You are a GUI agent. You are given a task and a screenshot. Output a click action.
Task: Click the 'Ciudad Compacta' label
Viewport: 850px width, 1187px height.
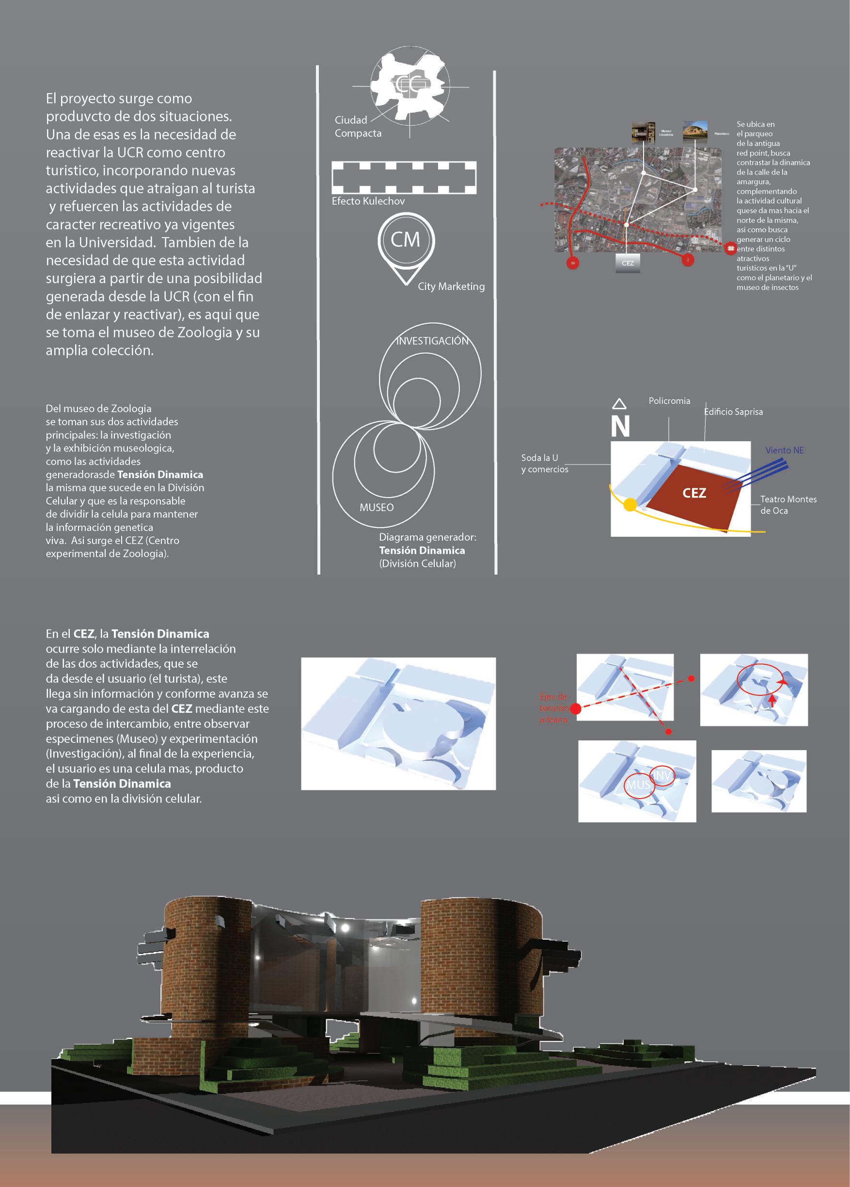[x=358, y=127]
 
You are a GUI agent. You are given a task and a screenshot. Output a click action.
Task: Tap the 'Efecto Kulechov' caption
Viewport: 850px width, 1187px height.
[x=368, y=201]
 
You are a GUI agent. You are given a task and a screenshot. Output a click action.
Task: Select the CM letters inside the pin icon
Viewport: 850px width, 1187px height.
[x=406, y=240]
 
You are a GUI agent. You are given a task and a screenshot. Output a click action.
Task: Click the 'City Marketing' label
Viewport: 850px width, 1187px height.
[x=451, y=286]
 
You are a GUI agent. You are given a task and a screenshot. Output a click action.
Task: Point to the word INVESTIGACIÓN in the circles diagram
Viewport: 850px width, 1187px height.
[x=432, y=341]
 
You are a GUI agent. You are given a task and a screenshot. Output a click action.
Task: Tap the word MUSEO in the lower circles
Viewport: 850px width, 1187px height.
[x=377, y=507]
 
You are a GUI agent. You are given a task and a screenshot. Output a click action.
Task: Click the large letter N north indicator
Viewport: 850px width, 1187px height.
[x=620, y=426]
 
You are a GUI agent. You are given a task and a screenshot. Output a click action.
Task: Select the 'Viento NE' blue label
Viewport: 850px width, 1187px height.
[x=784, y=450]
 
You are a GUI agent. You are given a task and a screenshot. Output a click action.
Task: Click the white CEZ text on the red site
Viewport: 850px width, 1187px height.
[x=694, y=493]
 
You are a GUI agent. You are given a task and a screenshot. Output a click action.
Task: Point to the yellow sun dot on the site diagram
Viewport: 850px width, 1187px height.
[x=630, y=505]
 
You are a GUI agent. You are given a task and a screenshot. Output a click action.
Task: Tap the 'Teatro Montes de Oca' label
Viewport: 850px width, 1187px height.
[x=788, y=505]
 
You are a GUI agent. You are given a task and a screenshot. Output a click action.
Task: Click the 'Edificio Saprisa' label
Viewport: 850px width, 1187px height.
[x=733, y=412]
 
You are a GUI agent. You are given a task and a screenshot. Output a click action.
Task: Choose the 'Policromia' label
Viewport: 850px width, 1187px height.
[x=669, y=401]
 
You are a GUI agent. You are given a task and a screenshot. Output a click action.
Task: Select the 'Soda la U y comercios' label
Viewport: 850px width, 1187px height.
[x=544, y=463]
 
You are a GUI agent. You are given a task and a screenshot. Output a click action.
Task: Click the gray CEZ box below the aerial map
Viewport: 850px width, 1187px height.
[x=628, y=263]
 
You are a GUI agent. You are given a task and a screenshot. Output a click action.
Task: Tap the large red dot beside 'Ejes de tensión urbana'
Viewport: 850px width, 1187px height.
[x=575, y=709]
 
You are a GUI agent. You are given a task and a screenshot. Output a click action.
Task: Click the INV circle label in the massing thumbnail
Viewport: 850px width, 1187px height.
[x=661, y=776]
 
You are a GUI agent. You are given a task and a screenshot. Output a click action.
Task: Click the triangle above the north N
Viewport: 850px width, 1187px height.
[x=619, y=403]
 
